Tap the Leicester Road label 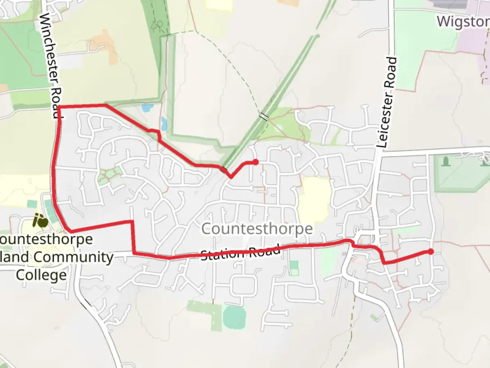[388, 102]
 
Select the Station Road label [241, 252]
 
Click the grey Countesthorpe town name [257, 229]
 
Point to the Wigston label [463, 21]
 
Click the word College [41, 275]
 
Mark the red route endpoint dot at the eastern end [430, 252]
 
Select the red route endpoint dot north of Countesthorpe [255, 162]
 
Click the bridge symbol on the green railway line [263, 117]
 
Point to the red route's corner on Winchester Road [59, 107]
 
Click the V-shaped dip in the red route [231, 177]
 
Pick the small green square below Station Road [293, 265]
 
